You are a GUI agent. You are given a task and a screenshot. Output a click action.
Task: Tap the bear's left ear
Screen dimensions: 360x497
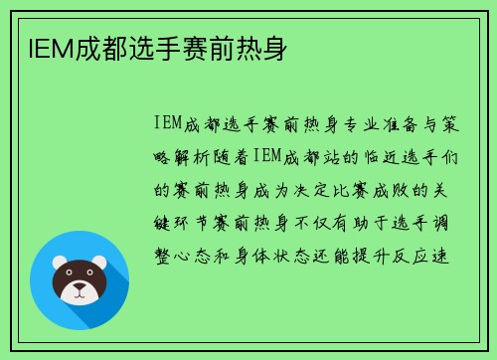pyautogui.click(x=59, y=264)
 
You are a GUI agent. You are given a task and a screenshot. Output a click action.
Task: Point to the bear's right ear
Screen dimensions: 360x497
pyautogui.click(x=99, y=264)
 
